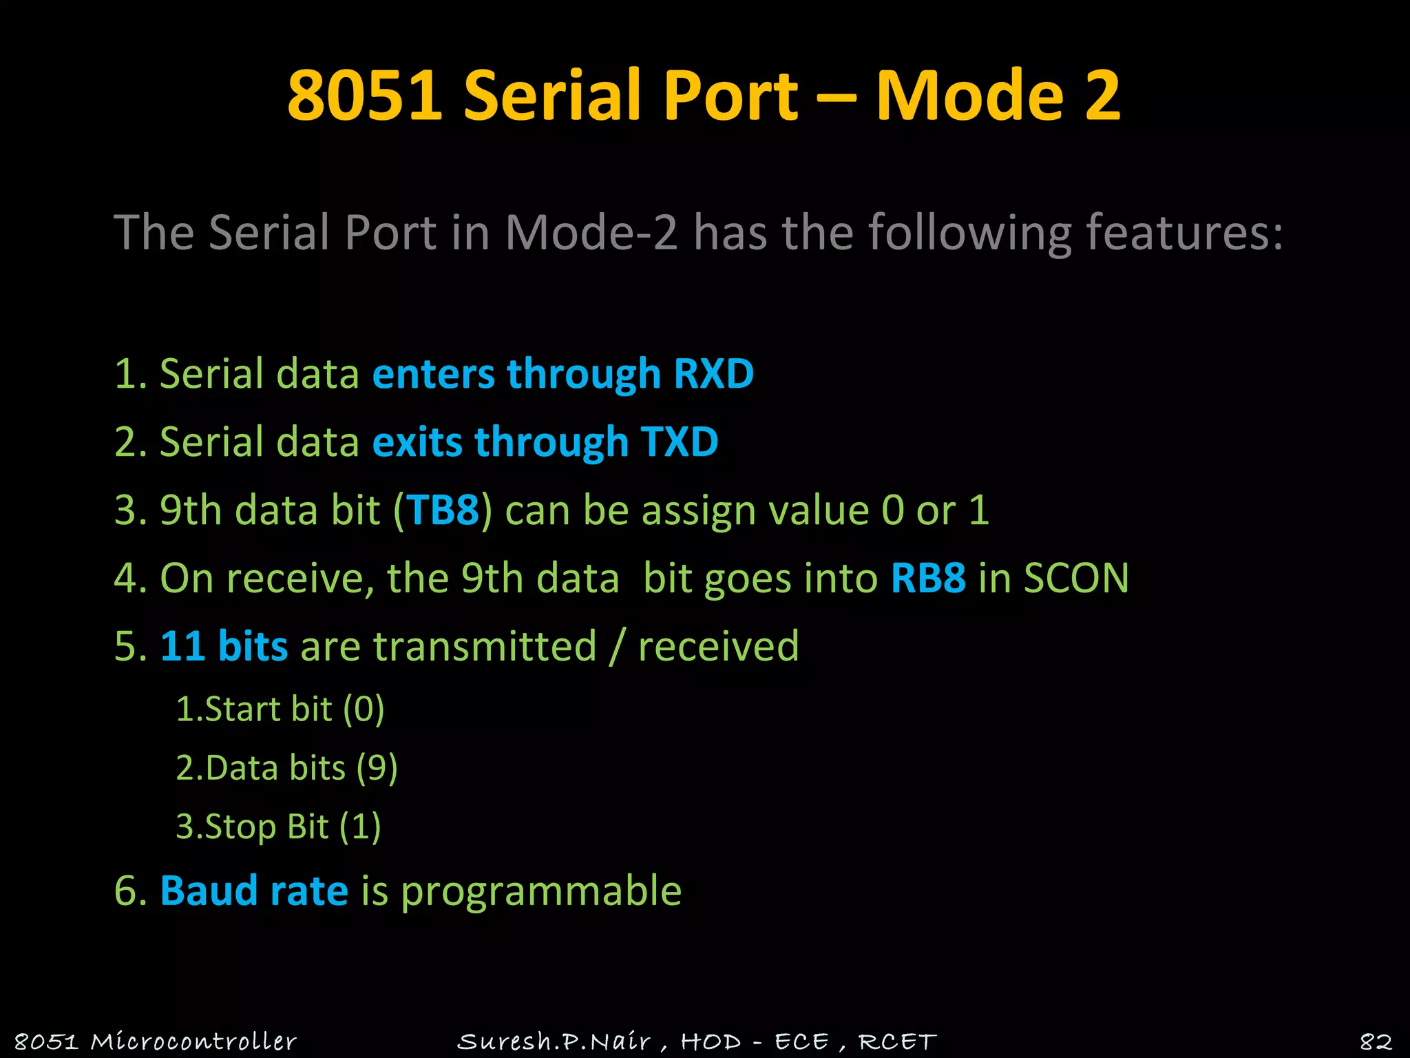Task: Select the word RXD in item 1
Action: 713,373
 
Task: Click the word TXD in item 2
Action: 679,442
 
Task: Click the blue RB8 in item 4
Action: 928,578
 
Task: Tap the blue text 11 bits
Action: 224,646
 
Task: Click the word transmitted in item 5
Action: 485,646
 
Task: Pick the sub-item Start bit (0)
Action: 280,709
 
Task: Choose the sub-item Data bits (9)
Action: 287,768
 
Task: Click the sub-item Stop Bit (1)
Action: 278,827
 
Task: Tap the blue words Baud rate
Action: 254,891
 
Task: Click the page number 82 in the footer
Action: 1376,1041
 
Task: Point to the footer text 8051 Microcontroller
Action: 156,1041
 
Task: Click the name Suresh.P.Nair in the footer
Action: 554,1041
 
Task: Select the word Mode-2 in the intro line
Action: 591,232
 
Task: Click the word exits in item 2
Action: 417,442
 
